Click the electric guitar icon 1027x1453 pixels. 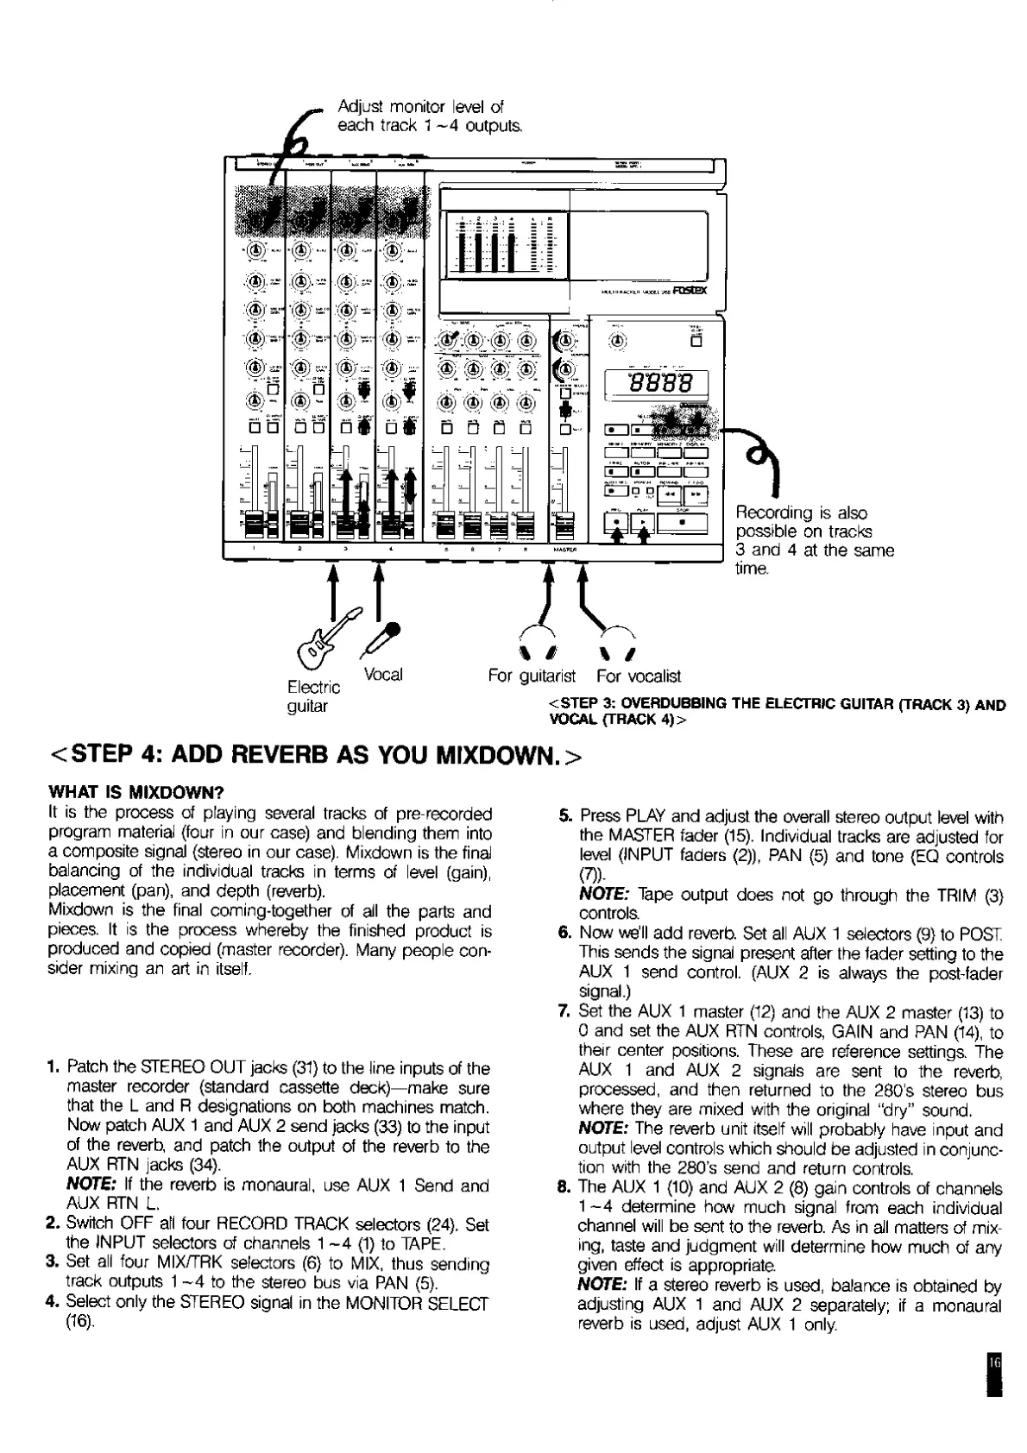[328, 634]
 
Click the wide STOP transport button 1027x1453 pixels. [683, 523]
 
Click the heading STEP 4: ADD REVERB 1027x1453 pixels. [316, 756]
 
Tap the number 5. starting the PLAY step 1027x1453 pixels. [565, 816]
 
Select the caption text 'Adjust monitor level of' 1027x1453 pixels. [420, 107]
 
